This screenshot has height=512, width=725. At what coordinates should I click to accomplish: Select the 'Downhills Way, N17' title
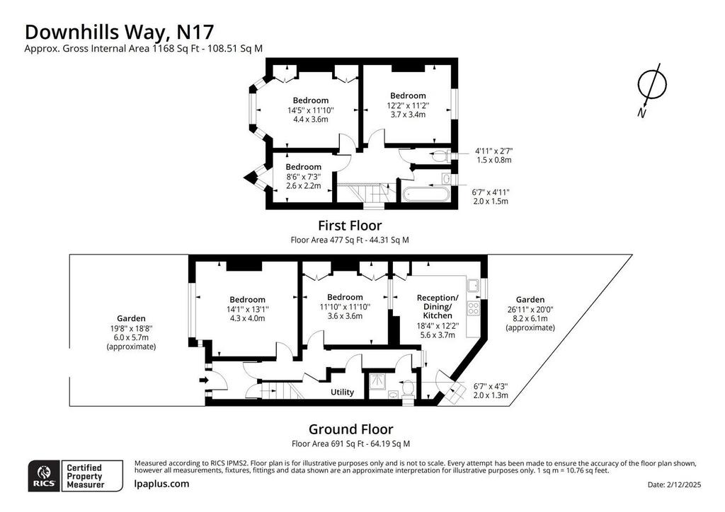click(119, 32)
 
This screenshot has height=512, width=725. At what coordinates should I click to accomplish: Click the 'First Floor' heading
click(350, 226)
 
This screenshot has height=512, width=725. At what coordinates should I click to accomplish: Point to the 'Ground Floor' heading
click(351, 429)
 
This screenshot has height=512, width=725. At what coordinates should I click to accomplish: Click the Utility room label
click(342, 392)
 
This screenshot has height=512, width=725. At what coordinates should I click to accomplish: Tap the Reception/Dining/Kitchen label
click(438, 306)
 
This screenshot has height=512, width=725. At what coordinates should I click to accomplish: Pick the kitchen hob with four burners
click(474, 308)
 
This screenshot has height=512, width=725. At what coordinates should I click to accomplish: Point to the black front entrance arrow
click(203, 380)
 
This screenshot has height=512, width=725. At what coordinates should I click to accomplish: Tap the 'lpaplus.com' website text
click(161, 484)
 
